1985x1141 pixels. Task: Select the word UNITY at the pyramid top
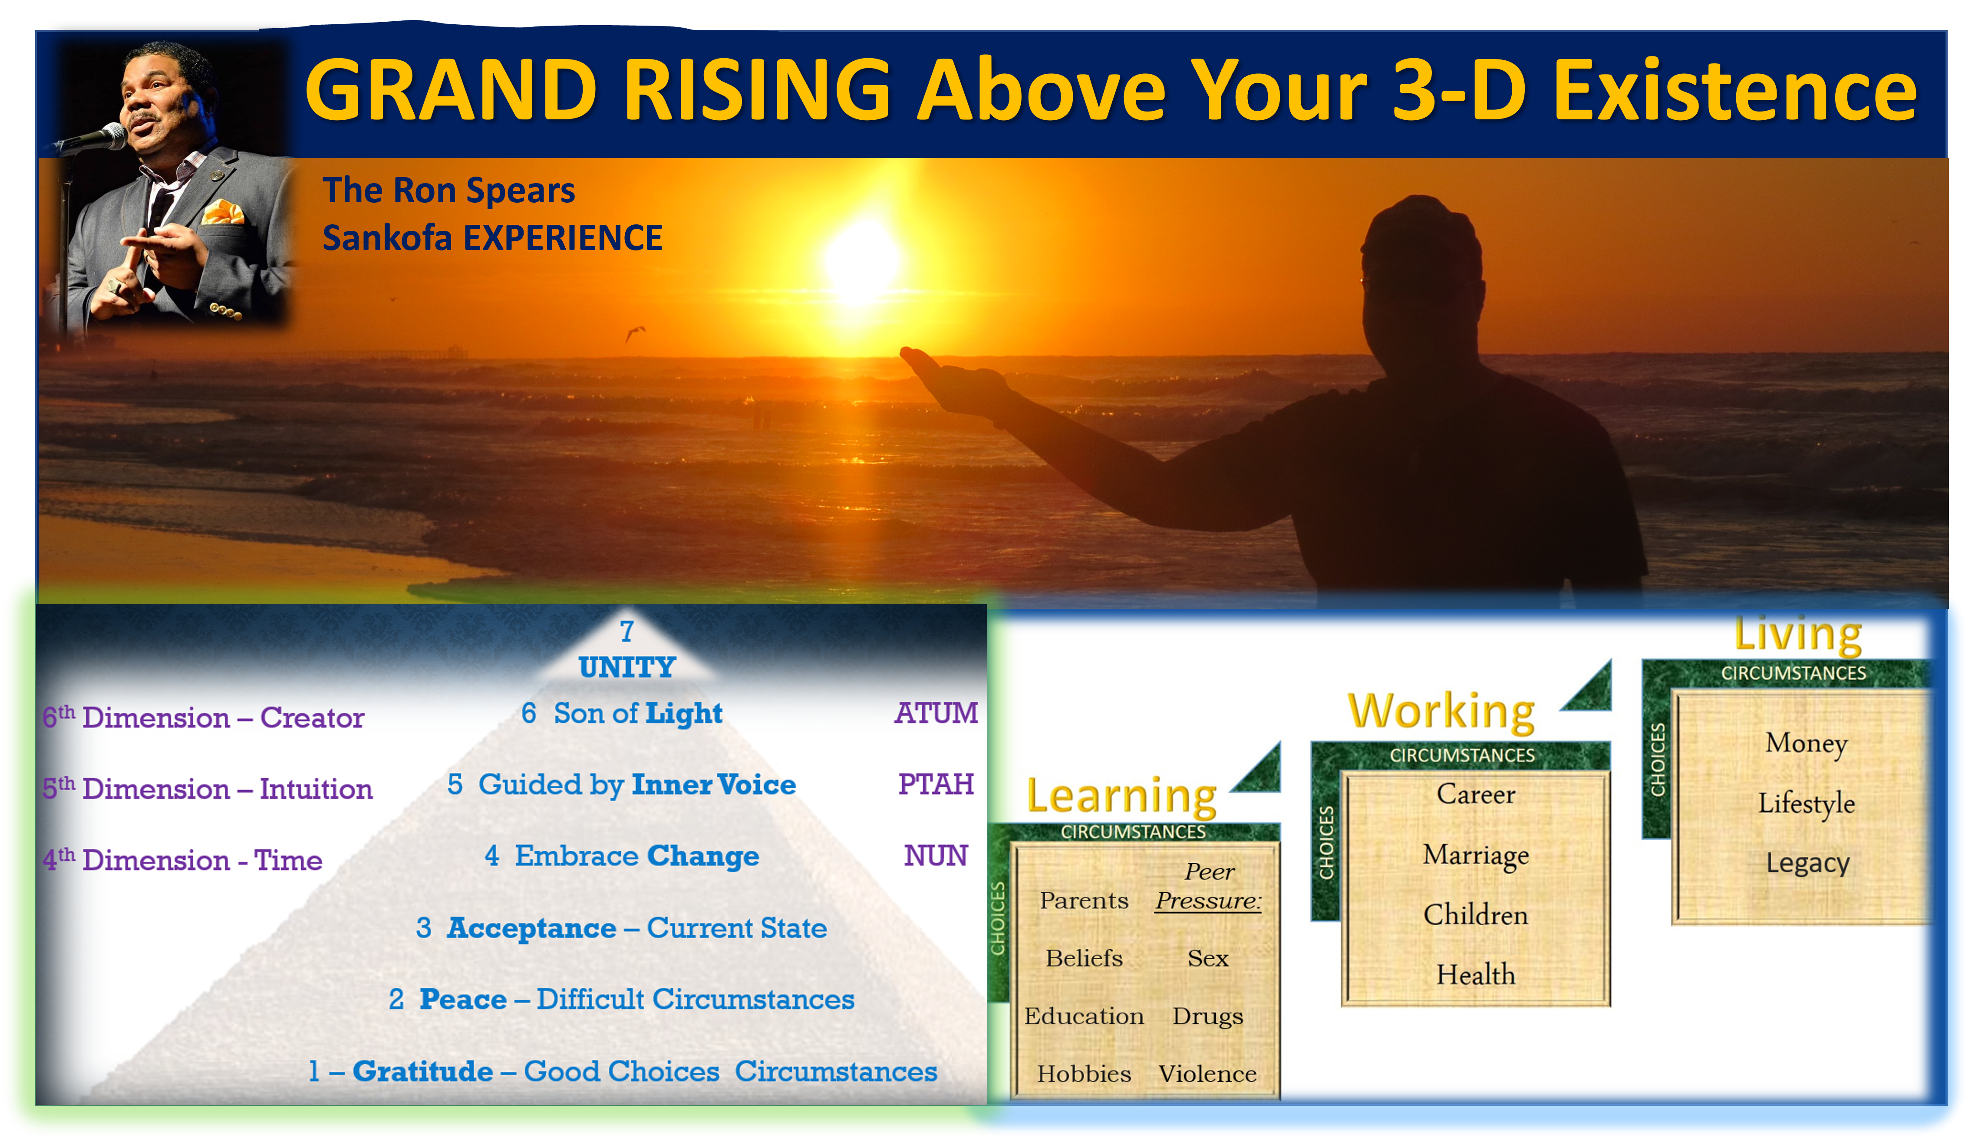627,667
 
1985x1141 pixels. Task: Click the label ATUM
936,712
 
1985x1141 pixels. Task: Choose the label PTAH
936,784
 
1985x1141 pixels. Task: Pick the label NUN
936,855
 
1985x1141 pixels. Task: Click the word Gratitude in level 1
422,1070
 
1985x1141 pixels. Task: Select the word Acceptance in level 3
531,928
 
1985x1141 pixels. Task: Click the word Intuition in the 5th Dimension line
316,788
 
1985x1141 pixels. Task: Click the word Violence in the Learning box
1207,1074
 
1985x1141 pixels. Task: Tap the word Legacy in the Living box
1808,863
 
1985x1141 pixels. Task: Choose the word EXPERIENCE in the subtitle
563,237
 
